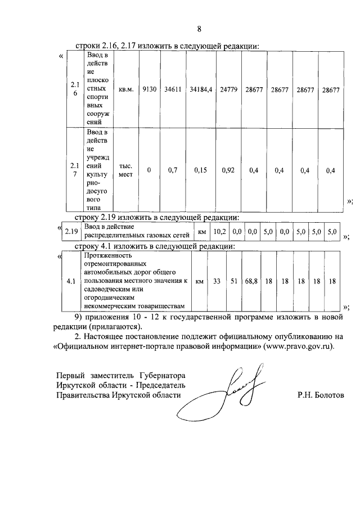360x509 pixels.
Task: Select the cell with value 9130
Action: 149,89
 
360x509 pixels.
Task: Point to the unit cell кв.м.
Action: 125,89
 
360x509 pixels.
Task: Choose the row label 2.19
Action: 71,231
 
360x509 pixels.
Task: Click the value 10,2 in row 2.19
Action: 220,231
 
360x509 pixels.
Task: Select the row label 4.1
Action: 71,280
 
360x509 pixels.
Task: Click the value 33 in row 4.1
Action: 217,280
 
